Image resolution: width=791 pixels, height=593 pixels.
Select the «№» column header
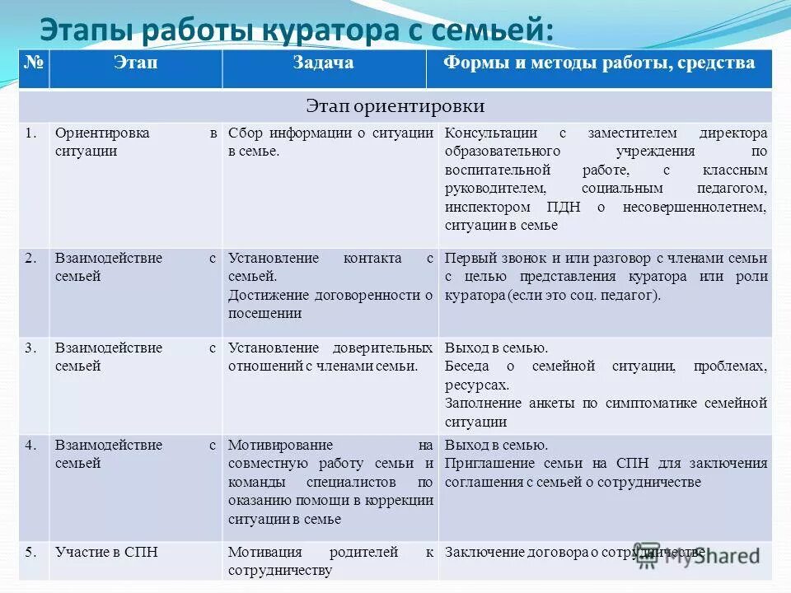[33, 63]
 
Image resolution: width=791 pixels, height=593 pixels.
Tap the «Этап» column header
[135, 63]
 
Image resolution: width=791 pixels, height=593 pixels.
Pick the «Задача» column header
[323, 63]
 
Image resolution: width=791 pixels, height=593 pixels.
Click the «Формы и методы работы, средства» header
[599, 63]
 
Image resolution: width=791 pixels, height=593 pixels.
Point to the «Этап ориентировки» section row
[395, 106]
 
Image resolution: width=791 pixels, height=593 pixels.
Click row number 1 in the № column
[31, 133]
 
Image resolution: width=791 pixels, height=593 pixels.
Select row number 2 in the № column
[31, 259]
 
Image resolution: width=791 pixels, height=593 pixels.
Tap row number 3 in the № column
[31, 348]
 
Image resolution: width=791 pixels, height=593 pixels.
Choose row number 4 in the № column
[31, 446]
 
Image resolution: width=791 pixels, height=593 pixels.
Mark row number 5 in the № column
[31, 552]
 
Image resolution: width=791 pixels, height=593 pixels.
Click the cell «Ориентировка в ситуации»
[135, 142]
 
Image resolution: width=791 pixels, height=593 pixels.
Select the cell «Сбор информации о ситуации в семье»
[330, 142]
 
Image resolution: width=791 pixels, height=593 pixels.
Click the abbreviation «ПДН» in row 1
[564, 207]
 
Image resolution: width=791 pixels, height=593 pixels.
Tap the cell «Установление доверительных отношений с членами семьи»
[330, 357]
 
